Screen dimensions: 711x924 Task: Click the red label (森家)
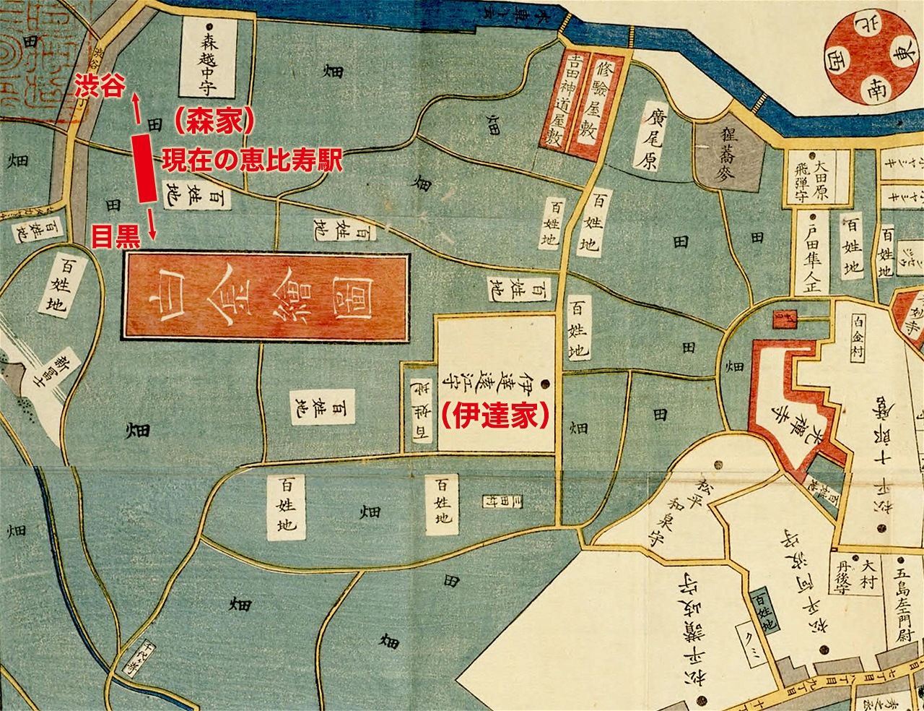(214, 121)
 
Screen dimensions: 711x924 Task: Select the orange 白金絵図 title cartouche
(266, 295)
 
